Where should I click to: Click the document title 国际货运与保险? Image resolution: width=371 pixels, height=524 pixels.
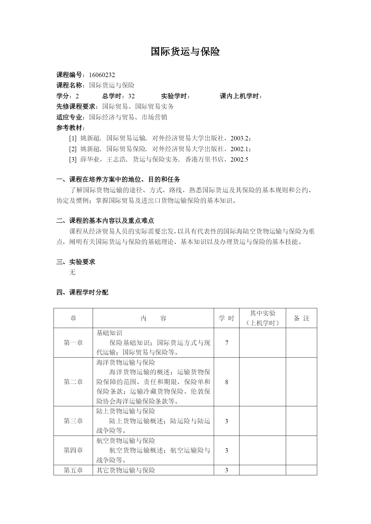click(x=185, y=52)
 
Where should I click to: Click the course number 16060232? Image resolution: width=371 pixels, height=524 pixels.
click(x=102, y=75)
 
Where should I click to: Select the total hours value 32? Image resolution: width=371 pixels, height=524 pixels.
click(x=131, y=96)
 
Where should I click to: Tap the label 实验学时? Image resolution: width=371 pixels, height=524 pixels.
click(x=175, y=96)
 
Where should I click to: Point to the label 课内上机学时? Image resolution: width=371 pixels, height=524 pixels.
click(x=240, y=96)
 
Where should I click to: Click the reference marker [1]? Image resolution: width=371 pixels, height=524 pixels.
click(x=73, y=139)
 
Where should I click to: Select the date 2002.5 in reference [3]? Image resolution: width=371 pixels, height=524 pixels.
click(x=239, y=160)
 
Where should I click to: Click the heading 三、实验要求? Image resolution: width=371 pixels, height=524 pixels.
click(x=76, y=262)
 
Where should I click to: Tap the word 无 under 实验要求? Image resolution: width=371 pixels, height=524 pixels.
click(x=72, y=272)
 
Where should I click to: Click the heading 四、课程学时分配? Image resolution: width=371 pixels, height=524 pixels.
click(x=82, y=292)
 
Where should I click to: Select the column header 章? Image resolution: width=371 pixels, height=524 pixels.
click(x=73, y=318)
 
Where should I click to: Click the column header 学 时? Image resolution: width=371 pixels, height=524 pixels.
click(x=226, y=318)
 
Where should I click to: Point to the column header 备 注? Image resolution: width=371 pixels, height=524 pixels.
click(x=301, y=318)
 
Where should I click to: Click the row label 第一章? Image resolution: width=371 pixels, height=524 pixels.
click(x=73, y=343)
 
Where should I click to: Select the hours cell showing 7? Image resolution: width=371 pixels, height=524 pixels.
click(x=227, y=343)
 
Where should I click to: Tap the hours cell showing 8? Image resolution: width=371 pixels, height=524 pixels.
click(x=227, y=382)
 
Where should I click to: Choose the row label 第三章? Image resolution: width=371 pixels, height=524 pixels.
click(x=73, y=421)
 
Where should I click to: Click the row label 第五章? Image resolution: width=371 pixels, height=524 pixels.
click(x=73, y=471)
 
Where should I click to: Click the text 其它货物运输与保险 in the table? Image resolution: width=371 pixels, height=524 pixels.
click(x=126, y=471)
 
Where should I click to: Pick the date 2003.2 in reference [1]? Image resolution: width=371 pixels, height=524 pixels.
click(x=239, y=139)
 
